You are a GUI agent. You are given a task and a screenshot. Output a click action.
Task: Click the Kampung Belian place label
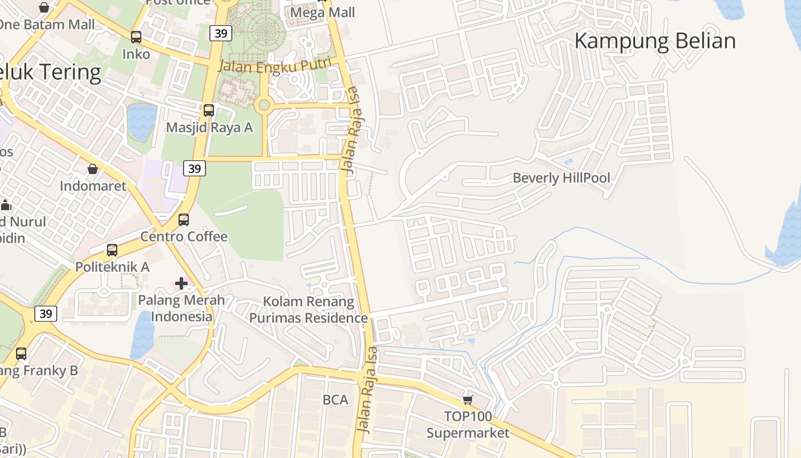tap(655, 41)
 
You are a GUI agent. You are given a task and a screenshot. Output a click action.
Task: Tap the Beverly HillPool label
tap(561, 177)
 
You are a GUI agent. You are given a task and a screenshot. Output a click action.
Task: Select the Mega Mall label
tap(323, 12)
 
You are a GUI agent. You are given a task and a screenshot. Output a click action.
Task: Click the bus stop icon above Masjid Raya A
tap(209, 110)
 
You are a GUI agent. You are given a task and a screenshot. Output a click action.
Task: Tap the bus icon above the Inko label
tap(136, 37)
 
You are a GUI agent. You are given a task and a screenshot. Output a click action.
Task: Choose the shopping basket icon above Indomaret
tap(93, 169)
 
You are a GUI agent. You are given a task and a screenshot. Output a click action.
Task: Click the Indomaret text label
tap(92, 186)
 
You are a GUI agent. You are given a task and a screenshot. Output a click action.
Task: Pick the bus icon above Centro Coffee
tap(184, 220)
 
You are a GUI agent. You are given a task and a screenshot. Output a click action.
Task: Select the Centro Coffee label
tap(184, 236)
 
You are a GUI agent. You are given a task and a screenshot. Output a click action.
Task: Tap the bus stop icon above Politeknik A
tap(112, 250)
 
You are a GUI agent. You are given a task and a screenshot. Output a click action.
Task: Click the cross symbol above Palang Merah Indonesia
tap(181, 283)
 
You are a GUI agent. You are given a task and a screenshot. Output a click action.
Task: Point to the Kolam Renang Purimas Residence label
tap(308, 310)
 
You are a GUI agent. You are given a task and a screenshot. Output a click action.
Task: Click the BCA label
tap(335, 400)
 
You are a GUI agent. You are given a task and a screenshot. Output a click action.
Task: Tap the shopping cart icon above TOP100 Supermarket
tap(468, 400)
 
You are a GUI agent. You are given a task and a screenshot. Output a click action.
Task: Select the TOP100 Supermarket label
tap(468, 424)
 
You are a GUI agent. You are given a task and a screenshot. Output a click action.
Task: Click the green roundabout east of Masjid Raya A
tap(264, 105)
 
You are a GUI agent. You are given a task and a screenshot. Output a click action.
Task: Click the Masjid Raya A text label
tap(209, 127)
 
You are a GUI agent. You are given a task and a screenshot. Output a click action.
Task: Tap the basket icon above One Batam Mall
tap(44, 7)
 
